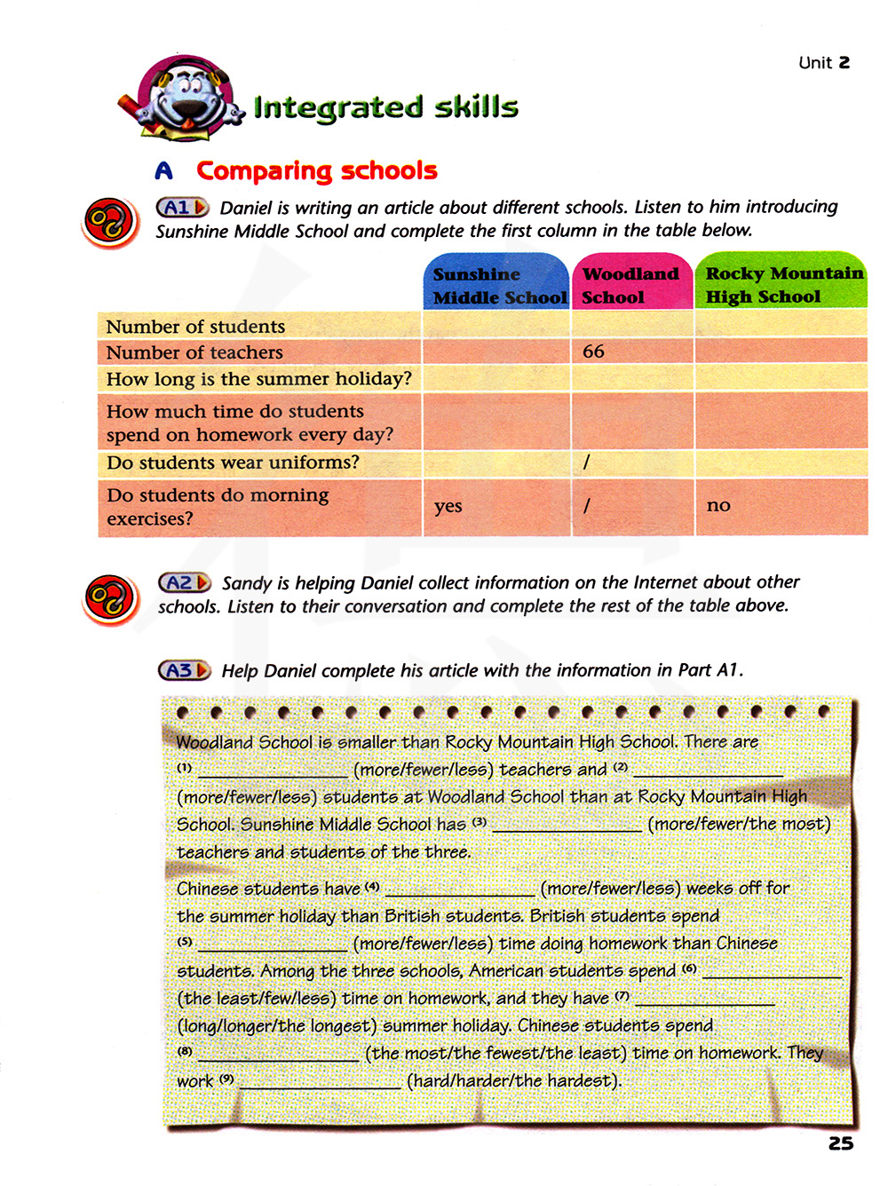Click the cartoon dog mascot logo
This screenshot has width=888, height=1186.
[182, 99]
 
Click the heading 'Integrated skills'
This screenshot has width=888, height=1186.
[385, 107]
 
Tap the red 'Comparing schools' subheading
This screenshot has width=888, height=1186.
[316, 170]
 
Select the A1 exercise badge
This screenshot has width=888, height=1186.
[182, 208]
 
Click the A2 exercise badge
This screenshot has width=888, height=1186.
[184, 583]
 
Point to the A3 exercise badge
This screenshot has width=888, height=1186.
[184, 671]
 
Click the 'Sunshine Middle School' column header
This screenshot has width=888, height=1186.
[497, 285]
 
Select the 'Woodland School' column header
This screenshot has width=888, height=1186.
[630, 285]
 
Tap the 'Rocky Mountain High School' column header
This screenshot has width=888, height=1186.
[782, 284]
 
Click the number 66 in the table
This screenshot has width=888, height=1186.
[593, 352]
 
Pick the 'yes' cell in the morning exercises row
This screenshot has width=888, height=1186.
[448, 506]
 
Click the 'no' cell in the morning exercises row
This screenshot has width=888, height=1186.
[718, 505]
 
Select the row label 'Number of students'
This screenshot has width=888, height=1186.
[195, 327]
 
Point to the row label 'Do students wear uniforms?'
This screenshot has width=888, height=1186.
[233, 463]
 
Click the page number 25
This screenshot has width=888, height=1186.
[840, 1144]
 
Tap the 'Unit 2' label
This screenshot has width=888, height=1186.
[823, 62]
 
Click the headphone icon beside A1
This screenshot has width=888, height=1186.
[109, 222]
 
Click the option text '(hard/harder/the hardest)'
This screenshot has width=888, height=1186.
[514, 1081]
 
